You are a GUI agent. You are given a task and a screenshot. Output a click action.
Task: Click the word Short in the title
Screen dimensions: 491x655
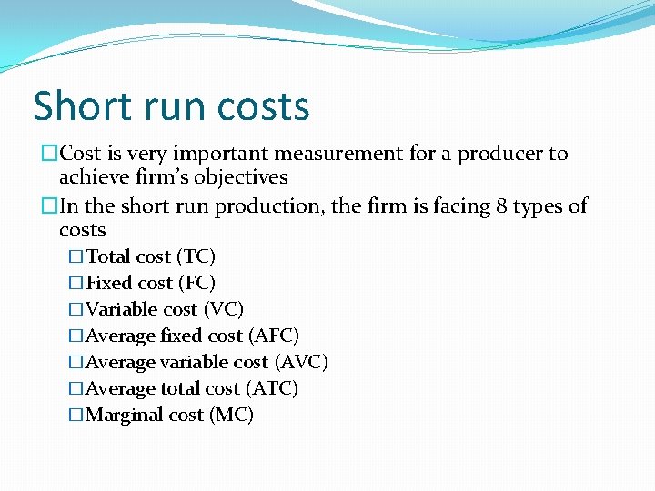(80, 105)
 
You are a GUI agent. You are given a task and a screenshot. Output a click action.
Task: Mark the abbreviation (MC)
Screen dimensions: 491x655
(231, 416)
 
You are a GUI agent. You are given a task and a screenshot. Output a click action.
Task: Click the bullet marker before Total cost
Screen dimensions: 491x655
(76, 257)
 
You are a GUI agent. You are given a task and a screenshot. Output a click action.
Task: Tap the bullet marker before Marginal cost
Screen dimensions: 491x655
(76, 416)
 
